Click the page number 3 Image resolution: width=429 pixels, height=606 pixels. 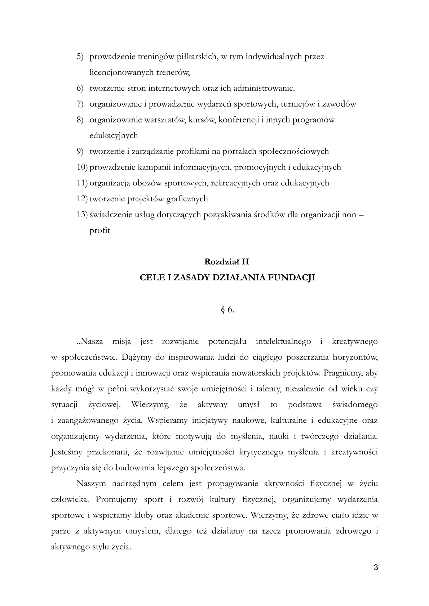click(x=376, y=568)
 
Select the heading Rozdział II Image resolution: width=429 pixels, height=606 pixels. click(x=227, y=262)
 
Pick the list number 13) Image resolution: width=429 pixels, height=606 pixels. click(x=82, y=215)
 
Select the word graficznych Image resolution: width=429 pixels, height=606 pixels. click(x=187, y=199)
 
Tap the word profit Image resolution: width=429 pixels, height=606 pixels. click(x=100, y=230)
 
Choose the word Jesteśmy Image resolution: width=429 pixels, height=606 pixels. click(x=67, y=452)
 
